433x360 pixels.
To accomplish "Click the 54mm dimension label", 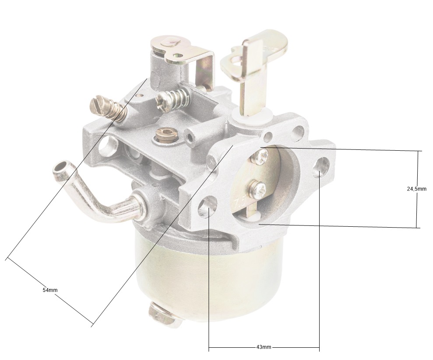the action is [50, 290].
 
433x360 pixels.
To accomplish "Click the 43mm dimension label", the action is [264, 347].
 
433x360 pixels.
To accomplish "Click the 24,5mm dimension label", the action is [416, 189].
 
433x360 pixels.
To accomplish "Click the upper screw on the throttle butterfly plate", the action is [260, 156].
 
